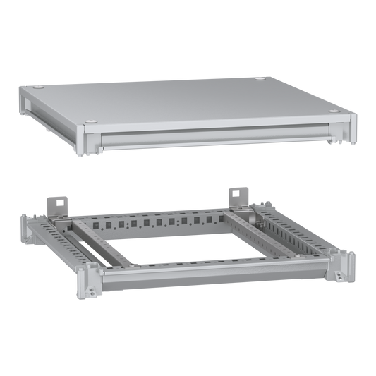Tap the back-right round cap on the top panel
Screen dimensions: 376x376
pos(262,78)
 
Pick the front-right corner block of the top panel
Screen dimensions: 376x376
pos(351,128)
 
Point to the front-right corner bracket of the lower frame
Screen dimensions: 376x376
pos(344,267)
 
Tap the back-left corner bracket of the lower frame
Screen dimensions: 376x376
pos(26,227)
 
